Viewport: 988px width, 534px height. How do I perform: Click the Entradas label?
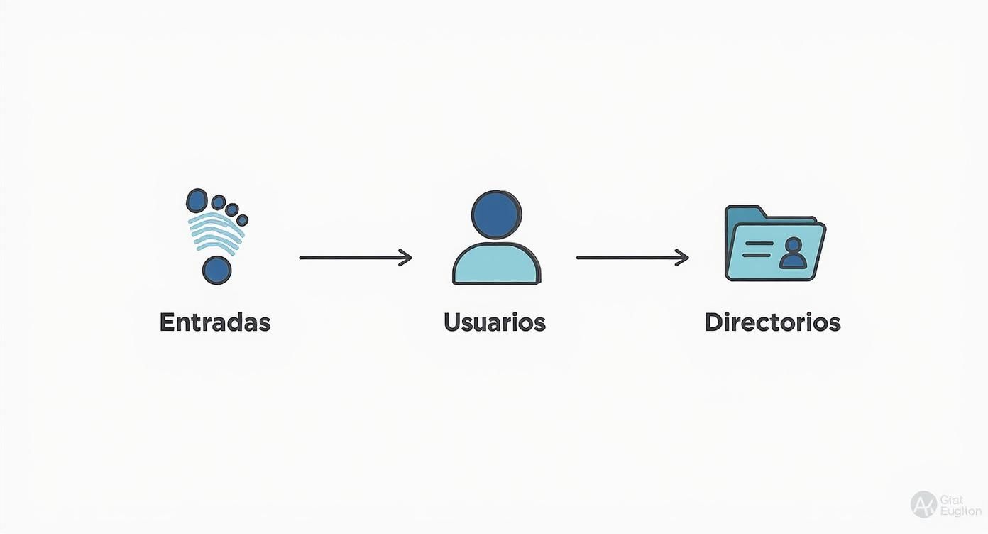click(x=215, y=322)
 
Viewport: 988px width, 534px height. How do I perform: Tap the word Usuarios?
click(x=495, y=322)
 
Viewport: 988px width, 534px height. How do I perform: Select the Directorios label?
click(x=772, y=322)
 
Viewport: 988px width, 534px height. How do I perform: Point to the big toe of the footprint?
click(x=197, y=200)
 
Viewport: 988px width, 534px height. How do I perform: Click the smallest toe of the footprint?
click(x=243, y=219)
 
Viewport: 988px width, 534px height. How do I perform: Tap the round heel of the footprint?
click(x=216, y=270)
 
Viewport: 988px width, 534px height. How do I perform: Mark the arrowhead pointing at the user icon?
click(x=406, y=258)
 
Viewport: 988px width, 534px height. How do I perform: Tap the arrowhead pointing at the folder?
click(x=683, y=258)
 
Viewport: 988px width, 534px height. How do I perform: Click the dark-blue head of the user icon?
click(x=496, y=214)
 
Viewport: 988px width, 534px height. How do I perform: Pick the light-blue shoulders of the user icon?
click(x=496, y=264)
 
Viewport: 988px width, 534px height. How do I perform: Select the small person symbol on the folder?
click(x=793, y=254)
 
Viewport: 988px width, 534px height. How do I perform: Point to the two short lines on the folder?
click(x=757, y=249)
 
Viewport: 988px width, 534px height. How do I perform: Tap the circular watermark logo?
click(x=923, y=504)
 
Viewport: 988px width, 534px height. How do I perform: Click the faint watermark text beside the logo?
click(x=959, y=505)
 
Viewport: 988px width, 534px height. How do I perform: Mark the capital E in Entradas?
click(x=167, y=322)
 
